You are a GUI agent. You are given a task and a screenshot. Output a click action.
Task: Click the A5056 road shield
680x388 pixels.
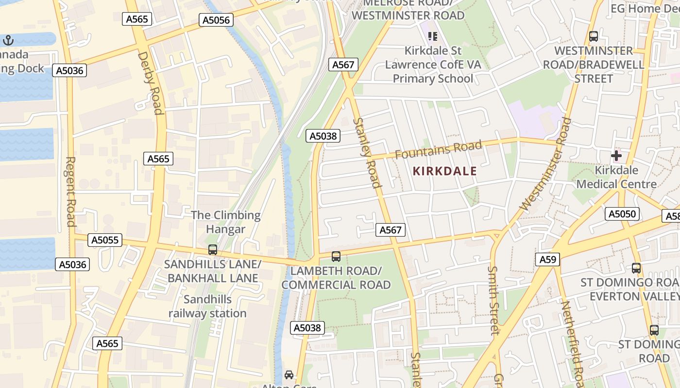point(216,20)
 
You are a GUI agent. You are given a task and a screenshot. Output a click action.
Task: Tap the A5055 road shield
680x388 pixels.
point(105,240)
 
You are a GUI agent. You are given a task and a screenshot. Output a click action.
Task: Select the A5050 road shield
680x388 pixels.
point(622,214)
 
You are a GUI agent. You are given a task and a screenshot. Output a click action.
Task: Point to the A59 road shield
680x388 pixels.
point(547,259)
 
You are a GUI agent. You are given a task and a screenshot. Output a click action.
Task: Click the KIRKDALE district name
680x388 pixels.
point(444,171)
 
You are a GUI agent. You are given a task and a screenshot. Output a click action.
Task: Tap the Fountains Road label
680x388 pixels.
point(438,149)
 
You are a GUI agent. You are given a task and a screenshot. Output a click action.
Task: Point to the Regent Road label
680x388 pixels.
point(71,192)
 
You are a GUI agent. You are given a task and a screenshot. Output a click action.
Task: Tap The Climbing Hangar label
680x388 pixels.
point(225,222)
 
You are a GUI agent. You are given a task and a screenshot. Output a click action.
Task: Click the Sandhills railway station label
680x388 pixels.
point(207,306)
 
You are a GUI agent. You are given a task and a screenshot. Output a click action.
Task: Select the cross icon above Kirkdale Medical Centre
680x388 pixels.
point(616,156)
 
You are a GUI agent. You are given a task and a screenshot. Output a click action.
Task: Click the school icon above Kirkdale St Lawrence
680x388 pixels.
point(433,36)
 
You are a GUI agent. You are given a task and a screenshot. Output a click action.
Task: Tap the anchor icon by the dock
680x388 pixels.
point(8,40)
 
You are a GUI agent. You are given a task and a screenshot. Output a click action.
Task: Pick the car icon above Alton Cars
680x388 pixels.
point(289,374)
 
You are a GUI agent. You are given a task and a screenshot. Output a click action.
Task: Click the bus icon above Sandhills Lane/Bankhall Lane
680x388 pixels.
point(213,250)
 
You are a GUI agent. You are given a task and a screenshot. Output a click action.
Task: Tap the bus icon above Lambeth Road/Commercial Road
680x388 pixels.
point(336,257)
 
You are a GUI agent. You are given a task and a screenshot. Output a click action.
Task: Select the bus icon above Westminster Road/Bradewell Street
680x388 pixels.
point(594,36)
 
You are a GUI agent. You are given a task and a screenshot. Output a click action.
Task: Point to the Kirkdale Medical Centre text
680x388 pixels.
point(616,177)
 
